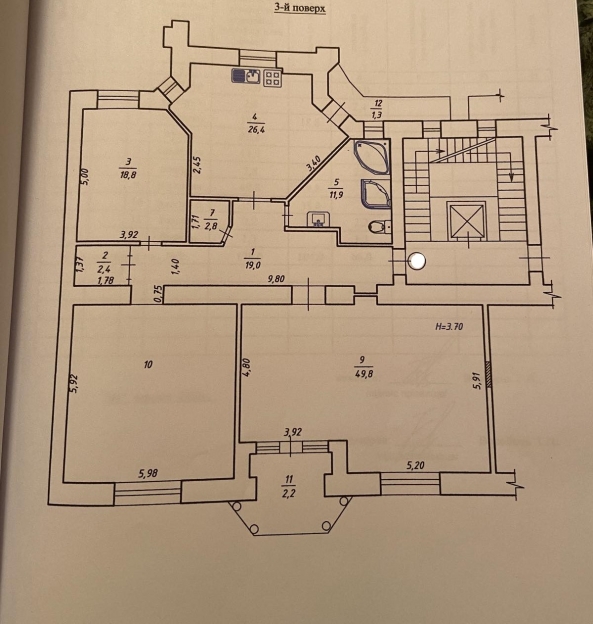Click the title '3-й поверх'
pyautogui.click(x=300, y=8)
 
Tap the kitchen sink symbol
pyautogui.click(x=246, y=76)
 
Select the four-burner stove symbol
pyautogui.click(x=273, y=77)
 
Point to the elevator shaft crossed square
pyautogui.click(x=466, y=220)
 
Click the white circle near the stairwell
pyautogui.click(x=417, y=261)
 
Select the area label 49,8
pyautogui.click(x=363, y=373)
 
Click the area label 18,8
pyautogui.click(x=127, y=174)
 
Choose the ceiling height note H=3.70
pyautogui.click(x=449, y=327)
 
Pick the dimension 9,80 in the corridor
pyautogui.click(x=277, y=279)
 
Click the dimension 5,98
pyautogui.click(x=148, y=473)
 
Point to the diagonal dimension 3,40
pyautogui.click(x=314, y=164)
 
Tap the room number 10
pyautogui.click(x=148, y=364)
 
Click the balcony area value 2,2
pyautogui.click(x=289, y=494)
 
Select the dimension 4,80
pyautogui.click(x=246, y=368)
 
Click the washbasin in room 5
pyautogui.click(x=318, y=219)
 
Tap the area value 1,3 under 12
pyautogui.click(x=376, y=115)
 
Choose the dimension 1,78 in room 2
pyautogui.click(x=105, y=280)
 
